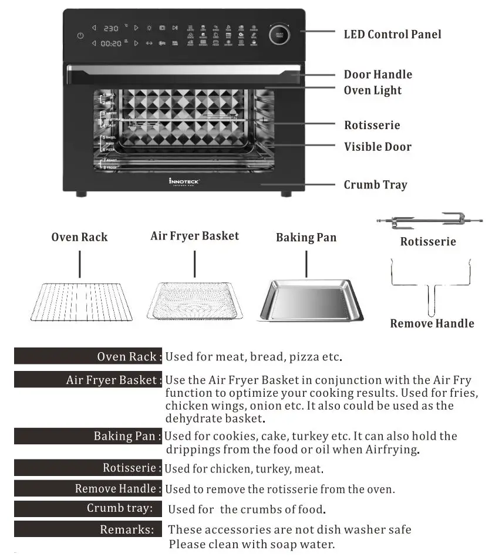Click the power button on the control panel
tap(80, 36)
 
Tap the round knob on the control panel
tap(279, 35)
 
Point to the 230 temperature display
tap(111, 28)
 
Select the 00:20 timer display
tap(111, 43)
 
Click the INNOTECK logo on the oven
tap(184, 181)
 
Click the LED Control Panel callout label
tap(392, 34)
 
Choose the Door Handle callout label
tap(378, 75)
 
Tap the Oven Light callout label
tap(373, 90)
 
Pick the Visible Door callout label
tap(378, 147)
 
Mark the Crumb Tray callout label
tap(375, 185)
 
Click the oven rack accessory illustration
tap(80, 301)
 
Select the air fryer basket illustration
tap(194, 301)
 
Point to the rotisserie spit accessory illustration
tap(428, 222)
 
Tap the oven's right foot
tap(285, 194)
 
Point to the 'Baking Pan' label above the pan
tap(305, 238)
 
